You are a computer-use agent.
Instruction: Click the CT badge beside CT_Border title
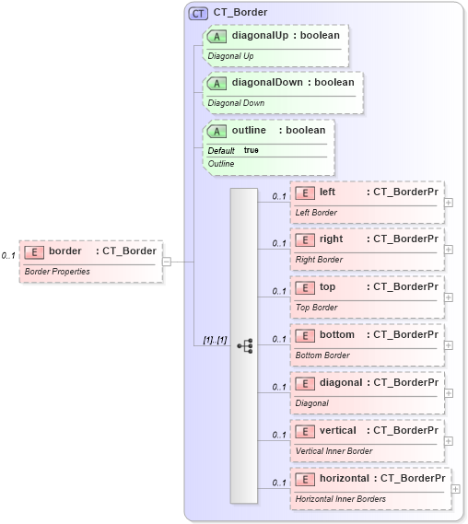[x=198, y=13]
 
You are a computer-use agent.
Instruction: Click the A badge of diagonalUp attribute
[x=216, y=36]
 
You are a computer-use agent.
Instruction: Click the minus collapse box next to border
[x=167, y=261]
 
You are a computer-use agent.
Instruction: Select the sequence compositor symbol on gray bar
[x=245, y=345]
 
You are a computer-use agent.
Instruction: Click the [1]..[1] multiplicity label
[x=216, y=341]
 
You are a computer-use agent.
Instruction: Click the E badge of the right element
[x=305, y=239]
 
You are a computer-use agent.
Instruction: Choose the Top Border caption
[x=316, y=308]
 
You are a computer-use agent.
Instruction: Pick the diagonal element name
[x=341, y=382]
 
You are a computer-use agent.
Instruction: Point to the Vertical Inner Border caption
[x=333, y=450]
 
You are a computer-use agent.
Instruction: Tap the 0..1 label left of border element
[x=8, y=255]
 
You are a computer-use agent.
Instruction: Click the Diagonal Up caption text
[x=230, y=55]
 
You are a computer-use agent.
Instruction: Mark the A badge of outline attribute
[x=216, y=131]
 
